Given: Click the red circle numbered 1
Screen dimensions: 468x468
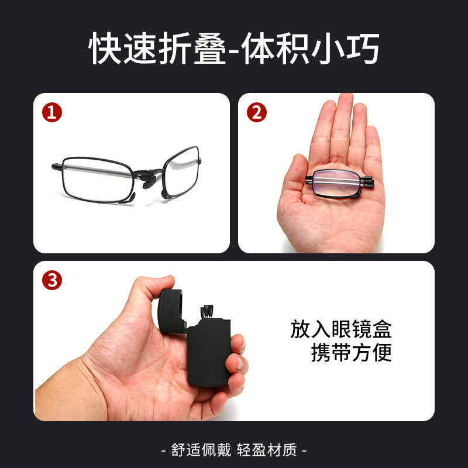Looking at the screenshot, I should click(x=53, y=112).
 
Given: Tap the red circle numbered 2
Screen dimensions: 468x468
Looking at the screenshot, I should click(x=256, y=112).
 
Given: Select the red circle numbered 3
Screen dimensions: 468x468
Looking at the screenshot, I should click(x=53, y=280).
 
